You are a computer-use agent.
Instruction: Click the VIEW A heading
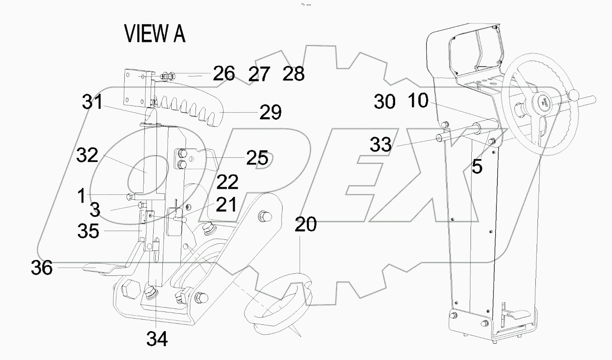154,34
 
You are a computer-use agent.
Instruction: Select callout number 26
224,74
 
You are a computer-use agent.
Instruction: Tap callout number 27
259,75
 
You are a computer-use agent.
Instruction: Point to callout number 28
293,74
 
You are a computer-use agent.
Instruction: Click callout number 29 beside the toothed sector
270,112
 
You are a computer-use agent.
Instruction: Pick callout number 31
93,102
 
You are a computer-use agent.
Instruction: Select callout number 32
87,155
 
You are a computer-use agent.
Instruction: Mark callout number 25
257,158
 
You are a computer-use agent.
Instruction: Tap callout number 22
227,182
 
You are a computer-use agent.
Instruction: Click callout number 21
226,205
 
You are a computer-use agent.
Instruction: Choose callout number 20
306,225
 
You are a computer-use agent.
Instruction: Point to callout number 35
88,231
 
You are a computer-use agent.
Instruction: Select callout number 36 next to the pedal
42,268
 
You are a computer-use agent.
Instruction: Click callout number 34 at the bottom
157,339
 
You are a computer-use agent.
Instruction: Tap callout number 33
381,145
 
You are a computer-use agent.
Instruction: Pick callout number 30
384,102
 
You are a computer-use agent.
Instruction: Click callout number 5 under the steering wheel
477,167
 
